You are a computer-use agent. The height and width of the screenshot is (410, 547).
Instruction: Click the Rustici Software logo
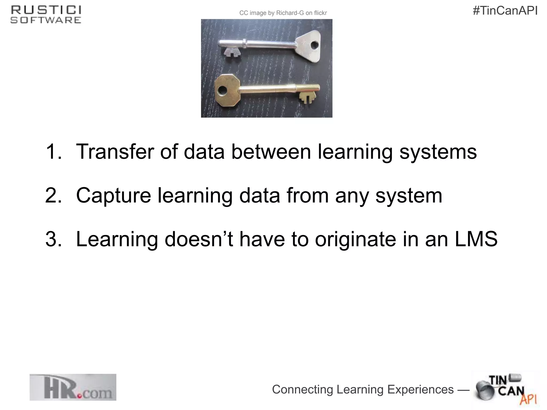click(46, 15)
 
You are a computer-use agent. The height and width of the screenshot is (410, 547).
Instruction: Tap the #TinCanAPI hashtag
click(505, 11)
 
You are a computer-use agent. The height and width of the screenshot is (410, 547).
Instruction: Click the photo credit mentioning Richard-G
click(283, 13)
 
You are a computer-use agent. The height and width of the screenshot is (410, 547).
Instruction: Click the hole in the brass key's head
click(222, 91)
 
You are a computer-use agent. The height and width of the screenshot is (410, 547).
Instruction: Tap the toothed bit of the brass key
click(307, 97)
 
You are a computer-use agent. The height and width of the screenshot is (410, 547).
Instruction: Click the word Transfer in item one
click(115, 152)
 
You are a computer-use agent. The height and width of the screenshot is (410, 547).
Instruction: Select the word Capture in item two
click(114, 195)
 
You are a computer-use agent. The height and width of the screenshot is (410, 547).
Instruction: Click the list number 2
click(53, 195)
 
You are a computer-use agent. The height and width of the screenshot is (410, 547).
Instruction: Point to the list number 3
click(53, 239)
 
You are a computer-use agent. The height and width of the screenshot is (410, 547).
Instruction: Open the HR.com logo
click(73, 387)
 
